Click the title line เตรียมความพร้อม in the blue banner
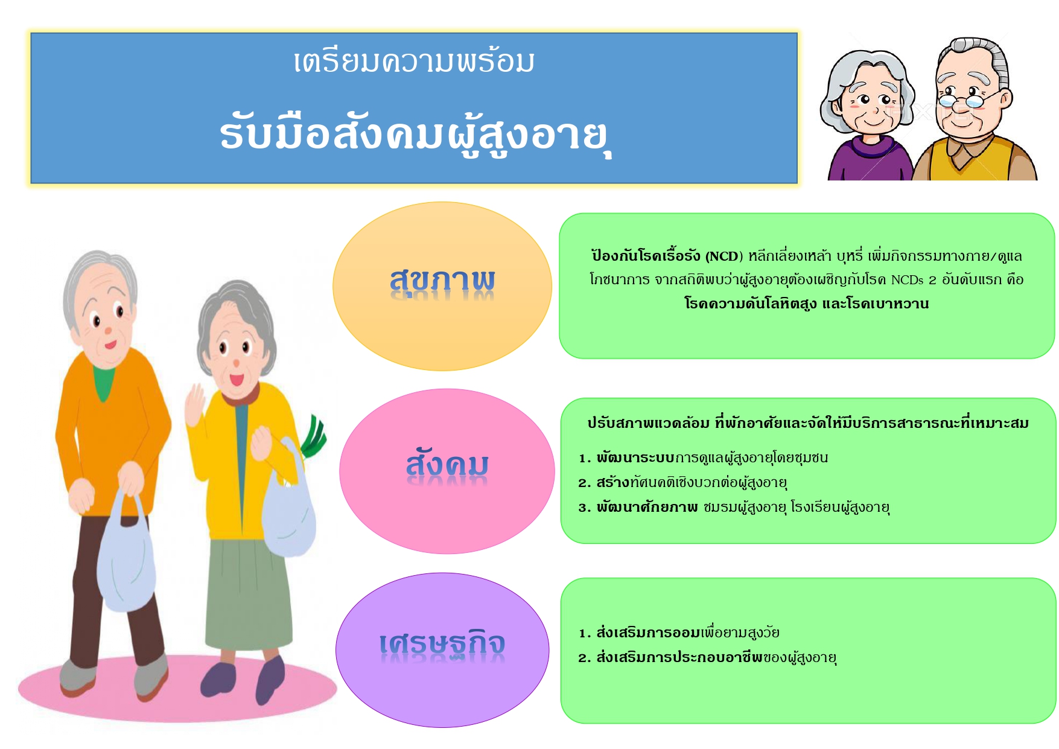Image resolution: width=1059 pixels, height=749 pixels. [414, 62]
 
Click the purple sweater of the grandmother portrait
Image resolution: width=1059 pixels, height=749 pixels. [869, 159]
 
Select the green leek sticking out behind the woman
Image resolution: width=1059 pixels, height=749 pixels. [313, 436]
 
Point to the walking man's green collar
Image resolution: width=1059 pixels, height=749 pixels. [104, 381]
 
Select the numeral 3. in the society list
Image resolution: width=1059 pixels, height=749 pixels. [584, 508]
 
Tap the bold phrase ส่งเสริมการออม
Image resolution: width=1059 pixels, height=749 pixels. [649, 633]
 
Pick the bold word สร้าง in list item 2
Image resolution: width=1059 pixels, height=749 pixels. [613, 482]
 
